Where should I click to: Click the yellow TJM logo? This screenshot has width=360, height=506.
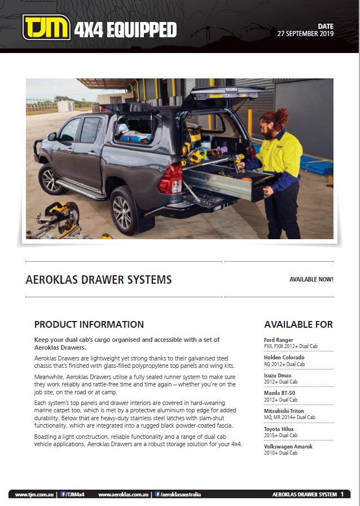(x=46, y=28)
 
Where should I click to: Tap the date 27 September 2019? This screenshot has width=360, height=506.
(x=305, y=34)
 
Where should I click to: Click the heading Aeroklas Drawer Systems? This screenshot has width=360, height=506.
(x=99, y=280)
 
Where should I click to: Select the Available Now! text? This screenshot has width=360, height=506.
(x=311, y=280)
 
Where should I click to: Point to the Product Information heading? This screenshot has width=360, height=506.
(x=89, y=324)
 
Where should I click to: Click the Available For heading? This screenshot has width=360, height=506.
(x=298, y=324)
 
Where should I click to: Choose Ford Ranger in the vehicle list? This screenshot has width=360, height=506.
(x=279, y=340)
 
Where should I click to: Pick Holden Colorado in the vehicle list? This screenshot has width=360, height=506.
(x=284, y=358)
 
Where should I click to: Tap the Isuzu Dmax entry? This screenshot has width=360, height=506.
(x=278, y=375)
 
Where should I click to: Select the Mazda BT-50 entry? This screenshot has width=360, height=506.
(x=279, y=393)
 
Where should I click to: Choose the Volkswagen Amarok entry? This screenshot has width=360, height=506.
(x=288, y=446)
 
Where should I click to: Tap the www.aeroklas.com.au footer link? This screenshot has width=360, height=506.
(x=123, y=495)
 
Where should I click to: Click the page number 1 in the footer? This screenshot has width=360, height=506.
(x=341, y=494)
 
